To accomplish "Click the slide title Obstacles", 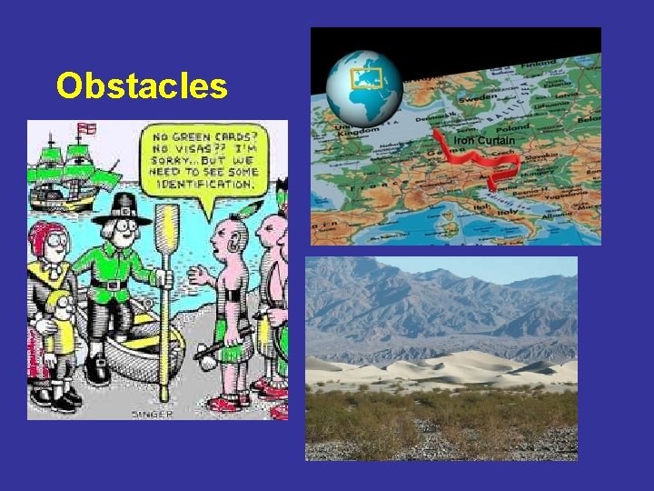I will (x=141, y=86).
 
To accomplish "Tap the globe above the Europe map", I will (x=363, y=87).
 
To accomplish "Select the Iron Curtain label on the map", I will (x=484, y=141).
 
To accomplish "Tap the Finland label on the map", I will (x=546, y=36).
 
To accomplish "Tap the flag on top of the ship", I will (x=89, y=128).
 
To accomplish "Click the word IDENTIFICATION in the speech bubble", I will (x=208, y=184).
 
